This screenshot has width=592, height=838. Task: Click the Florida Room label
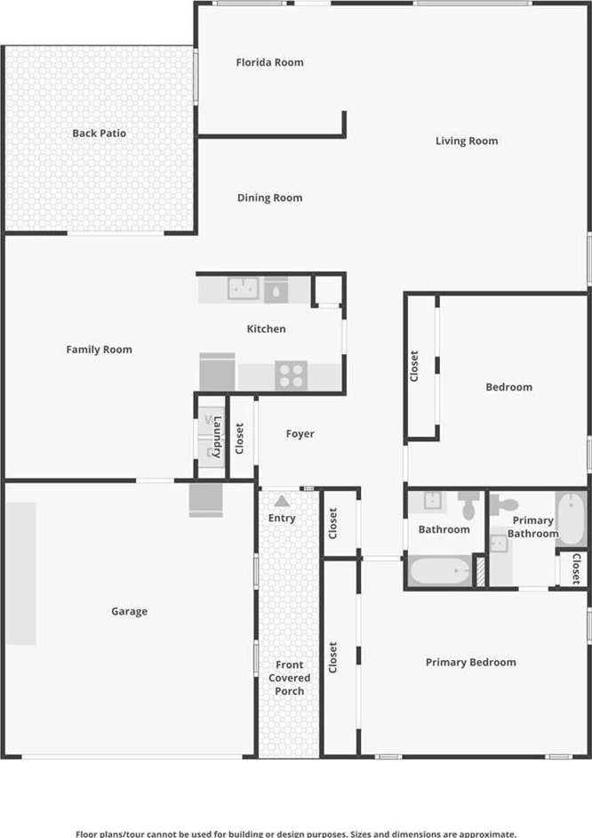269,62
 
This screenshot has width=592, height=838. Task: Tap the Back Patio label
100,133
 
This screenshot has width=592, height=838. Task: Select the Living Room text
467,141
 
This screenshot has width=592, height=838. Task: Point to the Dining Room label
269,197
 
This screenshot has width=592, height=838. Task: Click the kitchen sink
244,288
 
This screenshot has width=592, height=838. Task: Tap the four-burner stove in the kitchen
292,375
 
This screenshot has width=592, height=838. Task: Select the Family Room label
100,350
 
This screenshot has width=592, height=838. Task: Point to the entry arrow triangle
282,501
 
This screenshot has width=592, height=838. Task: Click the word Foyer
300,433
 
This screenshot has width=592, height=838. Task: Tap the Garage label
129,611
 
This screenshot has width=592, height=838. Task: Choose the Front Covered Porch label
289,678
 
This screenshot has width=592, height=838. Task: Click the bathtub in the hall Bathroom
440,571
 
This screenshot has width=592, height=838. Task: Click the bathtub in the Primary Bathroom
572,519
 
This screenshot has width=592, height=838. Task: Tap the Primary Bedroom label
471,662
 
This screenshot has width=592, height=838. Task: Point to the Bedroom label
508,387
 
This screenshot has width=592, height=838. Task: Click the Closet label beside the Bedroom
414,367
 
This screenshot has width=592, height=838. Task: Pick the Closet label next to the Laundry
240,439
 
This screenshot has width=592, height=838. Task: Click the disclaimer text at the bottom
296,834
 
